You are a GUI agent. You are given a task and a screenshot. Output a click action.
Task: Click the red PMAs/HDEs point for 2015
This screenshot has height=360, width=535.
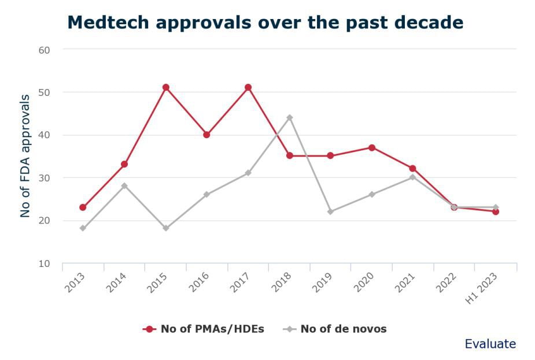pyautogui.click(x=165, y=87)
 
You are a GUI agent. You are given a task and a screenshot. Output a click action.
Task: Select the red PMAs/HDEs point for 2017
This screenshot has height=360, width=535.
pyautogui.click(x=248, y=87)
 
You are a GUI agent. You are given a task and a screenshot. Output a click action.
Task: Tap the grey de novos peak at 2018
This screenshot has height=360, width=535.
pyautogui.click(x=289, y=117)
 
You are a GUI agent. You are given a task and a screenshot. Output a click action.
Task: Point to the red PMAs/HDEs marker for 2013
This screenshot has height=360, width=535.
pyautogui.click(x=83, y=207)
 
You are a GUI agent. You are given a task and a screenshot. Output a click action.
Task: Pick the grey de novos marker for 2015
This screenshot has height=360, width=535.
pyautogui.click(x=165, y=228)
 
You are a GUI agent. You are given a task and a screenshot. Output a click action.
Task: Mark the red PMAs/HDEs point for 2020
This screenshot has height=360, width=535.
pyautogui.click(x=372, y=147)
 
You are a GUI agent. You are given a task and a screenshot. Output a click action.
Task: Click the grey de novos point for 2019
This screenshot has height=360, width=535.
pyautogui.click(x=330, y=211)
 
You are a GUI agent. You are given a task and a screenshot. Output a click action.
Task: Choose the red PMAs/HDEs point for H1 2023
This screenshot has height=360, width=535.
pyautogui.click(x=496, y=211)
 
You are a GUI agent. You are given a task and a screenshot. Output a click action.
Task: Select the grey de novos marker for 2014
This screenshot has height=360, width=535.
pyautogui.click(x=124, y=185)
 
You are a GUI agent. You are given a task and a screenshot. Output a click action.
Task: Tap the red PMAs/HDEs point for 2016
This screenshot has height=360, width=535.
pyautogui.click(x=206, y=135)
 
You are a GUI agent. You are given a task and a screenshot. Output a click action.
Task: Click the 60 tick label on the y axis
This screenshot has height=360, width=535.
pyautogui.click(x=45, y=50)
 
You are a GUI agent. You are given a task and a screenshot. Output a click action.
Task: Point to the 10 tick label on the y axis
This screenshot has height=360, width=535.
pyautogui.click(x=45, y=263)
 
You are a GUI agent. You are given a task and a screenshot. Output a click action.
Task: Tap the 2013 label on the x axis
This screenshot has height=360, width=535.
pyautogui.click(x=75, y=281)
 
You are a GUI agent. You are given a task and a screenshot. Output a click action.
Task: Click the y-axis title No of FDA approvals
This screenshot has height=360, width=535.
pyautogui.click(x=25, y=156)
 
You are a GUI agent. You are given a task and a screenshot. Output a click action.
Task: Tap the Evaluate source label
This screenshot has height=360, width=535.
pyautogui.click(x=490, y=344)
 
